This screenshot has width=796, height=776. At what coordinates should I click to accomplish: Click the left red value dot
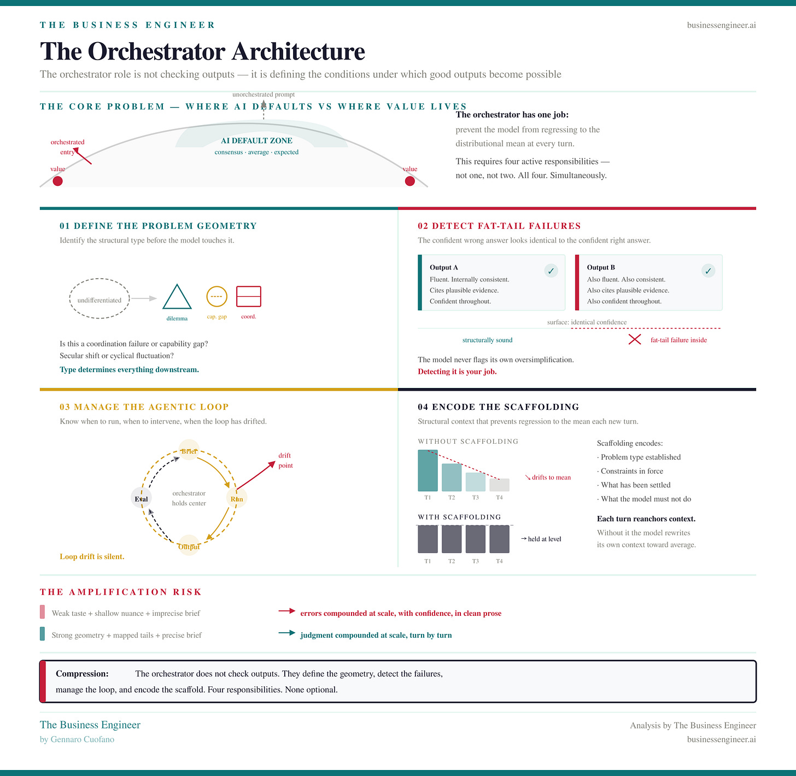point(57,181)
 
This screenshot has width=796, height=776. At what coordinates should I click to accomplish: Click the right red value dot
point(409,181)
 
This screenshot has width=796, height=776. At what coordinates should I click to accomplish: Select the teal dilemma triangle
point(177,297)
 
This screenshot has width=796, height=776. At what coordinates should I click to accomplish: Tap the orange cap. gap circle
point(216,296)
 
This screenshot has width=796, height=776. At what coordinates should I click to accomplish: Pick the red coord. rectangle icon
point(249,296)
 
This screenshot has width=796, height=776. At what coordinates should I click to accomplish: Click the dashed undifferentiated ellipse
point(99,299)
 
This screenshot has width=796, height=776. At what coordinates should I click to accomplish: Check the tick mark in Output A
point(551,271)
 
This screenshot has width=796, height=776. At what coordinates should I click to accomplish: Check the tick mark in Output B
point(708,271)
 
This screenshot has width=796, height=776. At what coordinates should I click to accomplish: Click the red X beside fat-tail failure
point(634,340)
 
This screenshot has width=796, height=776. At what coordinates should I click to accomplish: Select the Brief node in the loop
point(189,450)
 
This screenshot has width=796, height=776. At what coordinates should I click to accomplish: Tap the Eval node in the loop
point(141,498)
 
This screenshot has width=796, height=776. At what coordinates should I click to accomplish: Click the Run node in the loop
point(237,498)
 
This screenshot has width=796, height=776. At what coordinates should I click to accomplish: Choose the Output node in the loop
point(189,545)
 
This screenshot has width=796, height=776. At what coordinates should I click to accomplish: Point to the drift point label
point(285,460)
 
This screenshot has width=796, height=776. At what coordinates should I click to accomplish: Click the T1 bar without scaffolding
point(428,471)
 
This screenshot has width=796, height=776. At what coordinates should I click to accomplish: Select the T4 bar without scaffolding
point(499,485)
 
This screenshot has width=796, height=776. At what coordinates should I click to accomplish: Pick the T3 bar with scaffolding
point(475,539)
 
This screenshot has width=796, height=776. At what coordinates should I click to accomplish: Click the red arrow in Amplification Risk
point(286,611)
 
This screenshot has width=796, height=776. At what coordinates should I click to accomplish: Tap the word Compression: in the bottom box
point(82,674)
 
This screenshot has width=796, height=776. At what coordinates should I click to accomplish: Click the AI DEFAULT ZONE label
point(256,141)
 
